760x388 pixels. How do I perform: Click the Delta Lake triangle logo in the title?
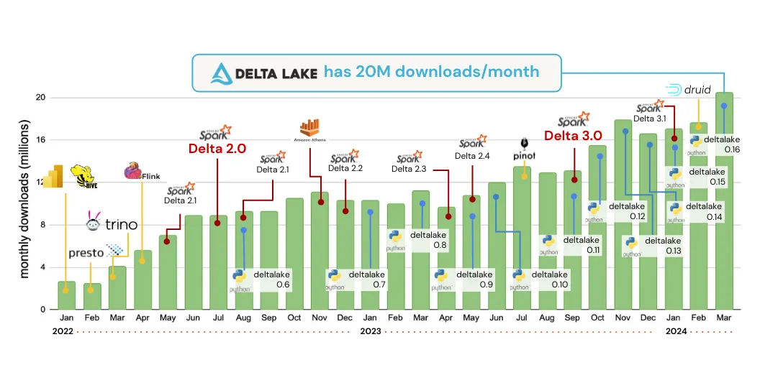[x=222, y=73]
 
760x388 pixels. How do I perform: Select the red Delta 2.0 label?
[x=217, y=149]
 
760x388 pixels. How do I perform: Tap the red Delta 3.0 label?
[x=572, y=136]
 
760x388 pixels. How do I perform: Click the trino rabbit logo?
[x=94, y=223]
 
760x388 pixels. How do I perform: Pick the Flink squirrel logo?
[x=134, y=171]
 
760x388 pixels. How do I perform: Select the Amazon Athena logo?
[x=309, y=129]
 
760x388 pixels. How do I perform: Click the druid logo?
[x=689, y=91]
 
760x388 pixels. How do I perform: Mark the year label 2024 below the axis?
[x=675, y=331]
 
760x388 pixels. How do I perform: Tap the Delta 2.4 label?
[x=472, y=156]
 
